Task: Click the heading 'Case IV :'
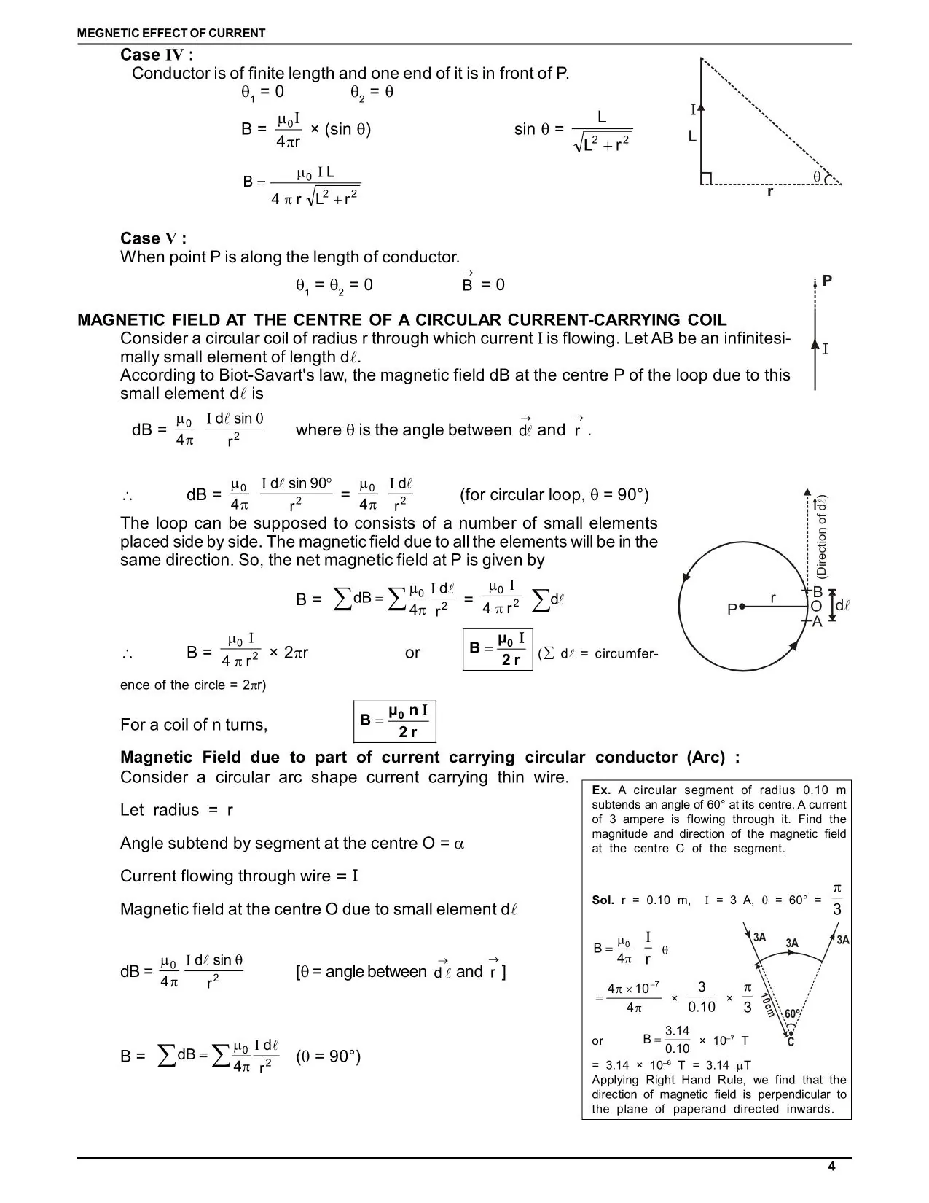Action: [157, 55]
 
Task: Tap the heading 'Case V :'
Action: [153, 239]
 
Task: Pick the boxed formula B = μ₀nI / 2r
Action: [394, 721]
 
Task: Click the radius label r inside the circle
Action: [773, 598]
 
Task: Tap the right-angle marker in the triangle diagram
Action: [705, 179]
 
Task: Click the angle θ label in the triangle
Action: [818, 176]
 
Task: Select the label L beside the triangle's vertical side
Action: [692, 137]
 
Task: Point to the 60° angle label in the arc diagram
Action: [793, 1013]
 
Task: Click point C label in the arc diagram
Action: [791, 1042]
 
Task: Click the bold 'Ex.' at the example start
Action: [601, 790]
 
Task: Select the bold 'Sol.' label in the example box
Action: [603, 900]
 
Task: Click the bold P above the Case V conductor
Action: [827, 281]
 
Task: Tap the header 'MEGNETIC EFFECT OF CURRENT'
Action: [172, 33]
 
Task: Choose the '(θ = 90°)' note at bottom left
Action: [329, 1056]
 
